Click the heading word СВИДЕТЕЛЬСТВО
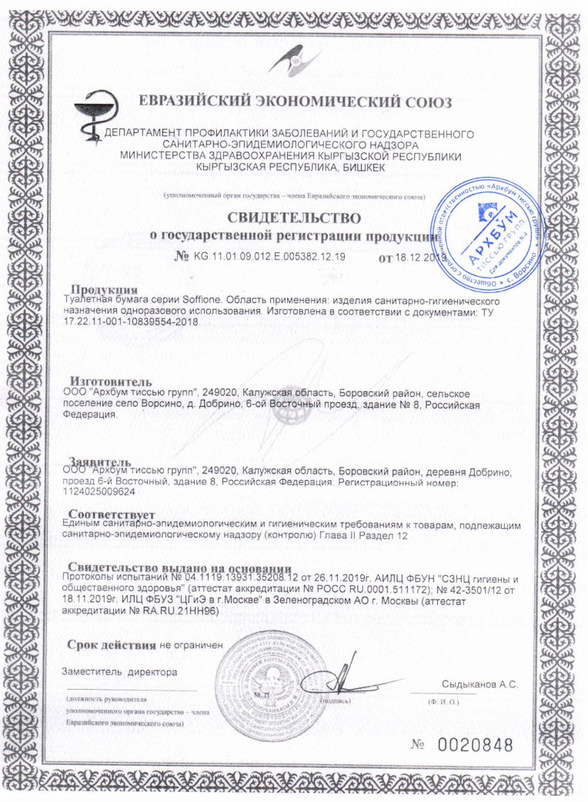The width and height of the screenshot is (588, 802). click(x=293, y=218)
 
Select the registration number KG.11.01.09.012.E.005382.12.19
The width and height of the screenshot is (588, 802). click(x=269, y=256)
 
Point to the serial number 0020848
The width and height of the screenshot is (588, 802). click(x=475, y=744)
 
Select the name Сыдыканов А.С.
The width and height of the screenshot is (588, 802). click(x=479, y=684)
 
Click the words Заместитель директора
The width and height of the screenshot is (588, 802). click(x=119, y=672)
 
